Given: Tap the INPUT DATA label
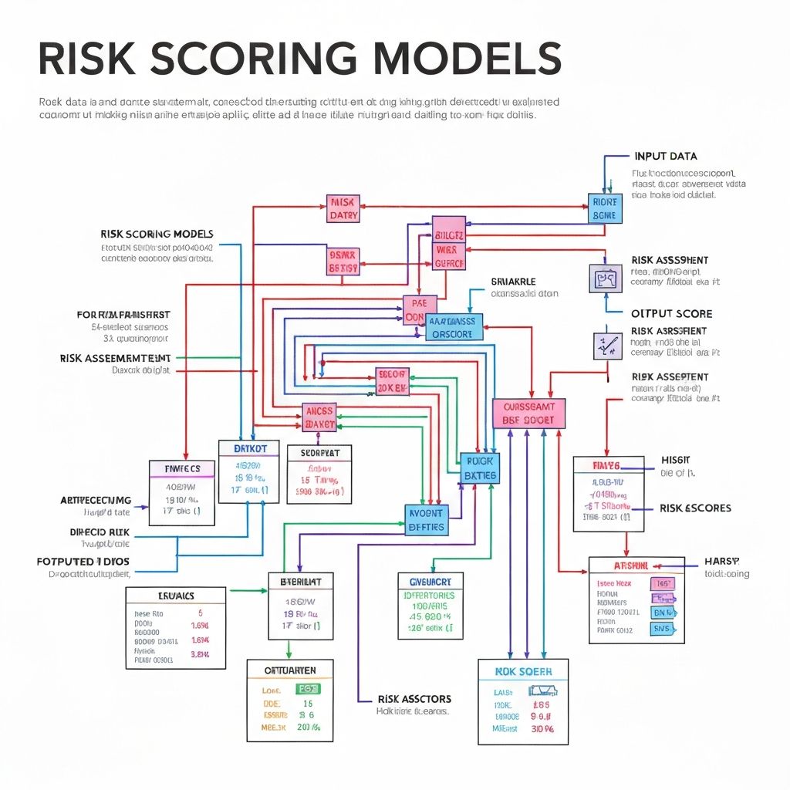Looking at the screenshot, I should coord(665,156).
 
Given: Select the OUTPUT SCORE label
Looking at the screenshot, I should coord(671,314).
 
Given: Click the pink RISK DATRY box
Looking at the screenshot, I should coord(343,208).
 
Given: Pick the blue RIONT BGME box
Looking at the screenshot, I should coord(604,208).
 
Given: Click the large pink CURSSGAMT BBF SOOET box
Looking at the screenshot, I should coord(528,414).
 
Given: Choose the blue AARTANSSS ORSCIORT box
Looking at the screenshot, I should coord(454,327).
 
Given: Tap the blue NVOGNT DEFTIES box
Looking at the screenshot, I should coord(426,520).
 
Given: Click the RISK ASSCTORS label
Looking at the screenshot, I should coord(414,699).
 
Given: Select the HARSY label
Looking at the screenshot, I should coord(721,561).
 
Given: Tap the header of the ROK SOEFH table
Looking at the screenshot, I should coord(523,672).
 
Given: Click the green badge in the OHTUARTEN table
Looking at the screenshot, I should coord(308,689).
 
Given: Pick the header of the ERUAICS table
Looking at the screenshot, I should coord(176,596).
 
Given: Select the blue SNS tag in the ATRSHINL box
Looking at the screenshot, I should coord(662,629).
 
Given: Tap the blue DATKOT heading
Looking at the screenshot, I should coord(248,447).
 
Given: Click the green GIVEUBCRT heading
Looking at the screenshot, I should coord(430,580).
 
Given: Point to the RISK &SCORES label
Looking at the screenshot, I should coord(695,508).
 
